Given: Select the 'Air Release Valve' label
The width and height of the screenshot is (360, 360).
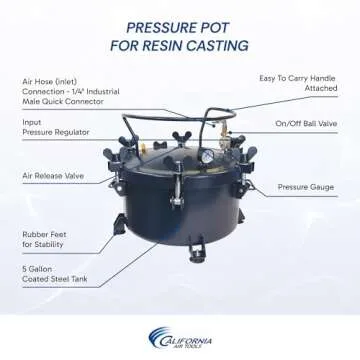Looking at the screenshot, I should tap(55, 177).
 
